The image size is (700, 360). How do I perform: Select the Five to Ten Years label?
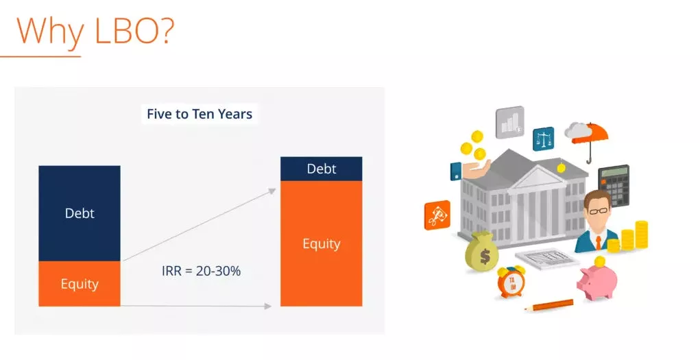[x=200, y=114]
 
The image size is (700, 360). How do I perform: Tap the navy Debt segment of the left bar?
[x=80, y=213]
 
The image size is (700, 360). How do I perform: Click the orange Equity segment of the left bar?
[x=80, y=284]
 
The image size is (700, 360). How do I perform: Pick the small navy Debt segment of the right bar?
[x=322, y=169]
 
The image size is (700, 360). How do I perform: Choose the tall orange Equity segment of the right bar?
[x=322, y=243]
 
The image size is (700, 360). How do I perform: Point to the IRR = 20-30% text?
[x=202, y=271]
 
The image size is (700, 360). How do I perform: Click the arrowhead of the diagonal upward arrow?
[x=272, y=191]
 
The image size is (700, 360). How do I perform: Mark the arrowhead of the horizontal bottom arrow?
[x=267, y=306]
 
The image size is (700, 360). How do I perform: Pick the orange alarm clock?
[x=511, y=281]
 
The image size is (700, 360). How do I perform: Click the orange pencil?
[x=549, y=306]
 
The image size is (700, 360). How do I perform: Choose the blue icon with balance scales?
[x=543, y=139]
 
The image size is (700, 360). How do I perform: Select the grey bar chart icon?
[x=510, y=122]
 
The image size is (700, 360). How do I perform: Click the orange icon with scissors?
[x=437, y=215]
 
